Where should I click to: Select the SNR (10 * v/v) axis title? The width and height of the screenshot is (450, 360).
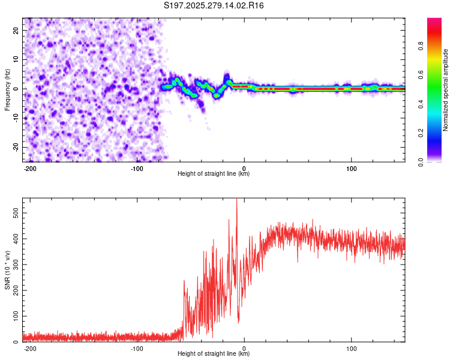pos(7,270)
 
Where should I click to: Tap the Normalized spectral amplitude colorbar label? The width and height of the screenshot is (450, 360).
pos(446,91)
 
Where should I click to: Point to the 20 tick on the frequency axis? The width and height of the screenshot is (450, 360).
pos(16,30)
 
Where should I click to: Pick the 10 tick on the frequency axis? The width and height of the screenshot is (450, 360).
pos(16,59)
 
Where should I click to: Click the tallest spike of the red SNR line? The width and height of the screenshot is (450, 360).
pos(236,200)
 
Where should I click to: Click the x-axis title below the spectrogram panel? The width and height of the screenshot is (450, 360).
pos(214,174)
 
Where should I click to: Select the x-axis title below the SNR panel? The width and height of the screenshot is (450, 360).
pos(214,354)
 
